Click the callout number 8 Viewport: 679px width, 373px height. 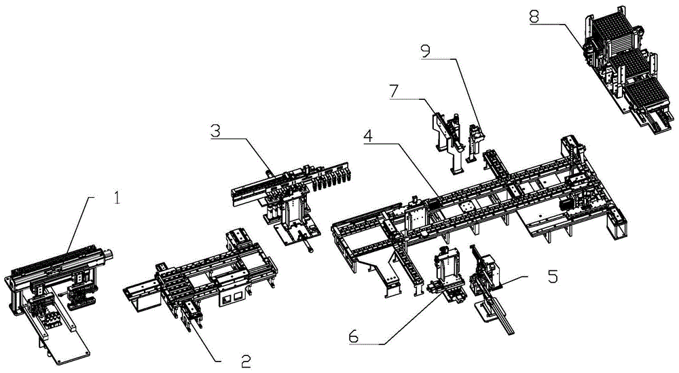[535, 16]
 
